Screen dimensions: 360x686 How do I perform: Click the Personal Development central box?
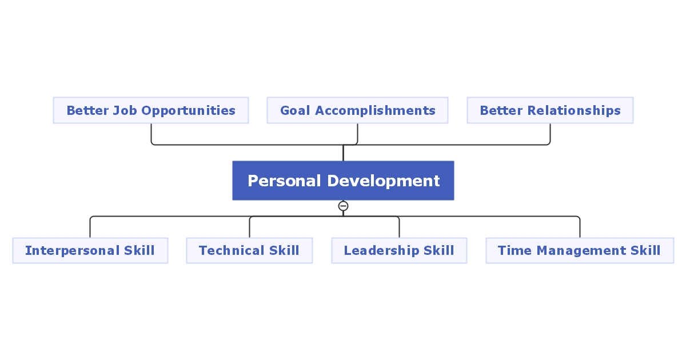343,181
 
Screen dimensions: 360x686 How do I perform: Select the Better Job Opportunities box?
151,110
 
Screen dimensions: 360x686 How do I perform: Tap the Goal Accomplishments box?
357,110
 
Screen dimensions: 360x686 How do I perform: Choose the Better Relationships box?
550,110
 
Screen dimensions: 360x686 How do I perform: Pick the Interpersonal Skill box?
90,250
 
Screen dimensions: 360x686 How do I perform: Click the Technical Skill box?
249,250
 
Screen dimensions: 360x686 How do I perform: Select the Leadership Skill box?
399,250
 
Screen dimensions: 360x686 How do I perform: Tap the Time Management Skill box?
580,250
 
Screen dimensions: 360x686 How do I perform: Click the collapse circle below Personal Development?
343,206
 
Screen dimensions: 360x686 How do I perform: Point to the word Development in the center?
384,181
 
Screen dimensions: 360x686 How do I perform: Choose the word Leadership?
381,250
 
